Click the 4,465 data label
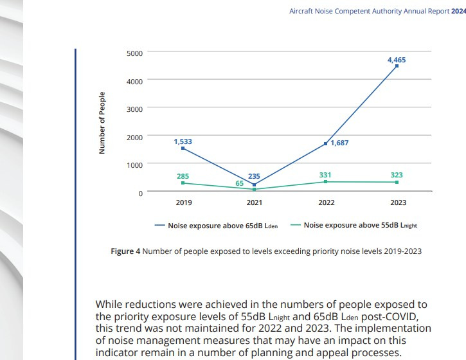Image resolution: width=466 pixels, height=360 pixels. [x=397, y=60]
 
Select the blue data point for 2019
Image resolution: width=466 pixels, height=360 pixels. [x=183, y=148]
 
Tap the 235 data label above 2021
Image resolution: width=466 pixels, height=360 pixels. [x=255, y=177]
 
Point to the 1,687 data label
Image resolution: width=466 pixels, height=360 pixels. [x=339, y=143]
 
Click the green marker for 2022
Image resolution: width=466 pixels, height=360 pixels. [x=326, y=182]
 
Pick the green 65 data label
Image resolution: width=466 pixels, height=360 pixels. [x=239, y=184]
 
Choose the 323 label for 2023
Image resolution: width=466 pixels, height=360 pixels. [x=397, y=175]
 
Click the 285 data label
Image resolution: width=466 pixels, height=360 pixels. [x=183, y=176]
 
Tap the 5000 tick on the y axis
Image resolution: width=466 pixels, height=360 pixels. [x=134, y=53]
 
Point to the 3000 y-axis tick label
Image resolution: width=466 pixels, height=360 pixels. [x=134, y=109]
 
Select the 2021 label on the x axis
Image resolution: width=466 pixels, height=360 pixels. [x=255, y=203]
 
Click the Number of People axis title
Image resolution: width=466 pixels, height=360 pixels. [x=102, y=123]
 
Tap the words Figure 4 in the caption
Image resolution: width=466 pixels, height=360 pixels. [x=125, y=251]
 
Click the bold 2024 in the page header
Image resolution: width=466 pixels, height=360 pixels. [x=459, y=10]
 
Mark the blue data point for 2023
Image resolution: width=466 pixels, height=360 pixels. [x=397, y=66]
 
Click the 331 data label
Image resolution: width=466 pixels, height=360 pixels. [x=326, y=175]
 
